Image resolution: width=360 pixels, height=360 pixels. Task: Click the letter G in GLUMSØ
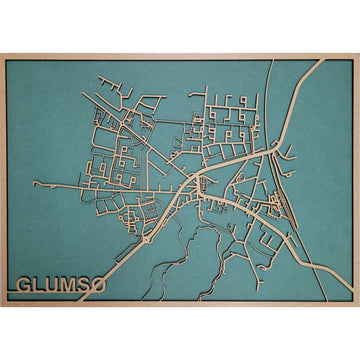pyautogui.click(x=25, y=286)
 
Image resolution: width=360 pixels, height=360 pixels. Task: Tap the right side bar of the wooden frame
pyautogui.click(x=356, y=180)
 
